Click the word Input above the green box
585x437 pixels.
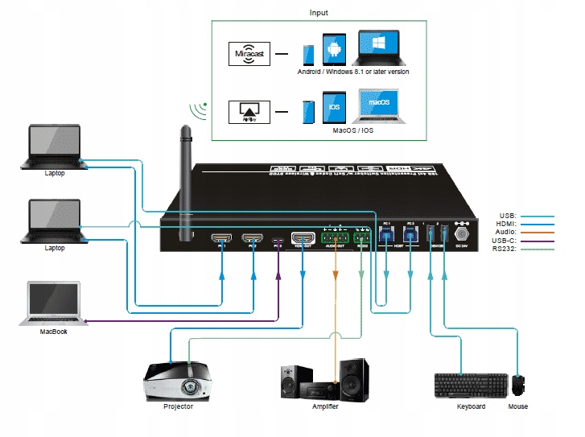(319, 13)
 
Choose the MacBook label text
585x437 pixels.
(54, 331)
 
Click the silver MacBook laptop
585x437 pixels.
(53, 303)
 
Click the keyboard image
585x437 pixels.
(470, 385)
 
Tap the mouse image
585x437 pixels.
(519, 385)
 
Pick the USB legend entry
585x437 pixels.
(508, 216)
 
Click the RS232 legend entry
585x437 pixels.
(505, 249)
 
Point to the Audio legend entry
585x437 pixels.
(507, 232)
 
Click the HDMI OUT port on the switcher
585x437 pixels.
(303, 238)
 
